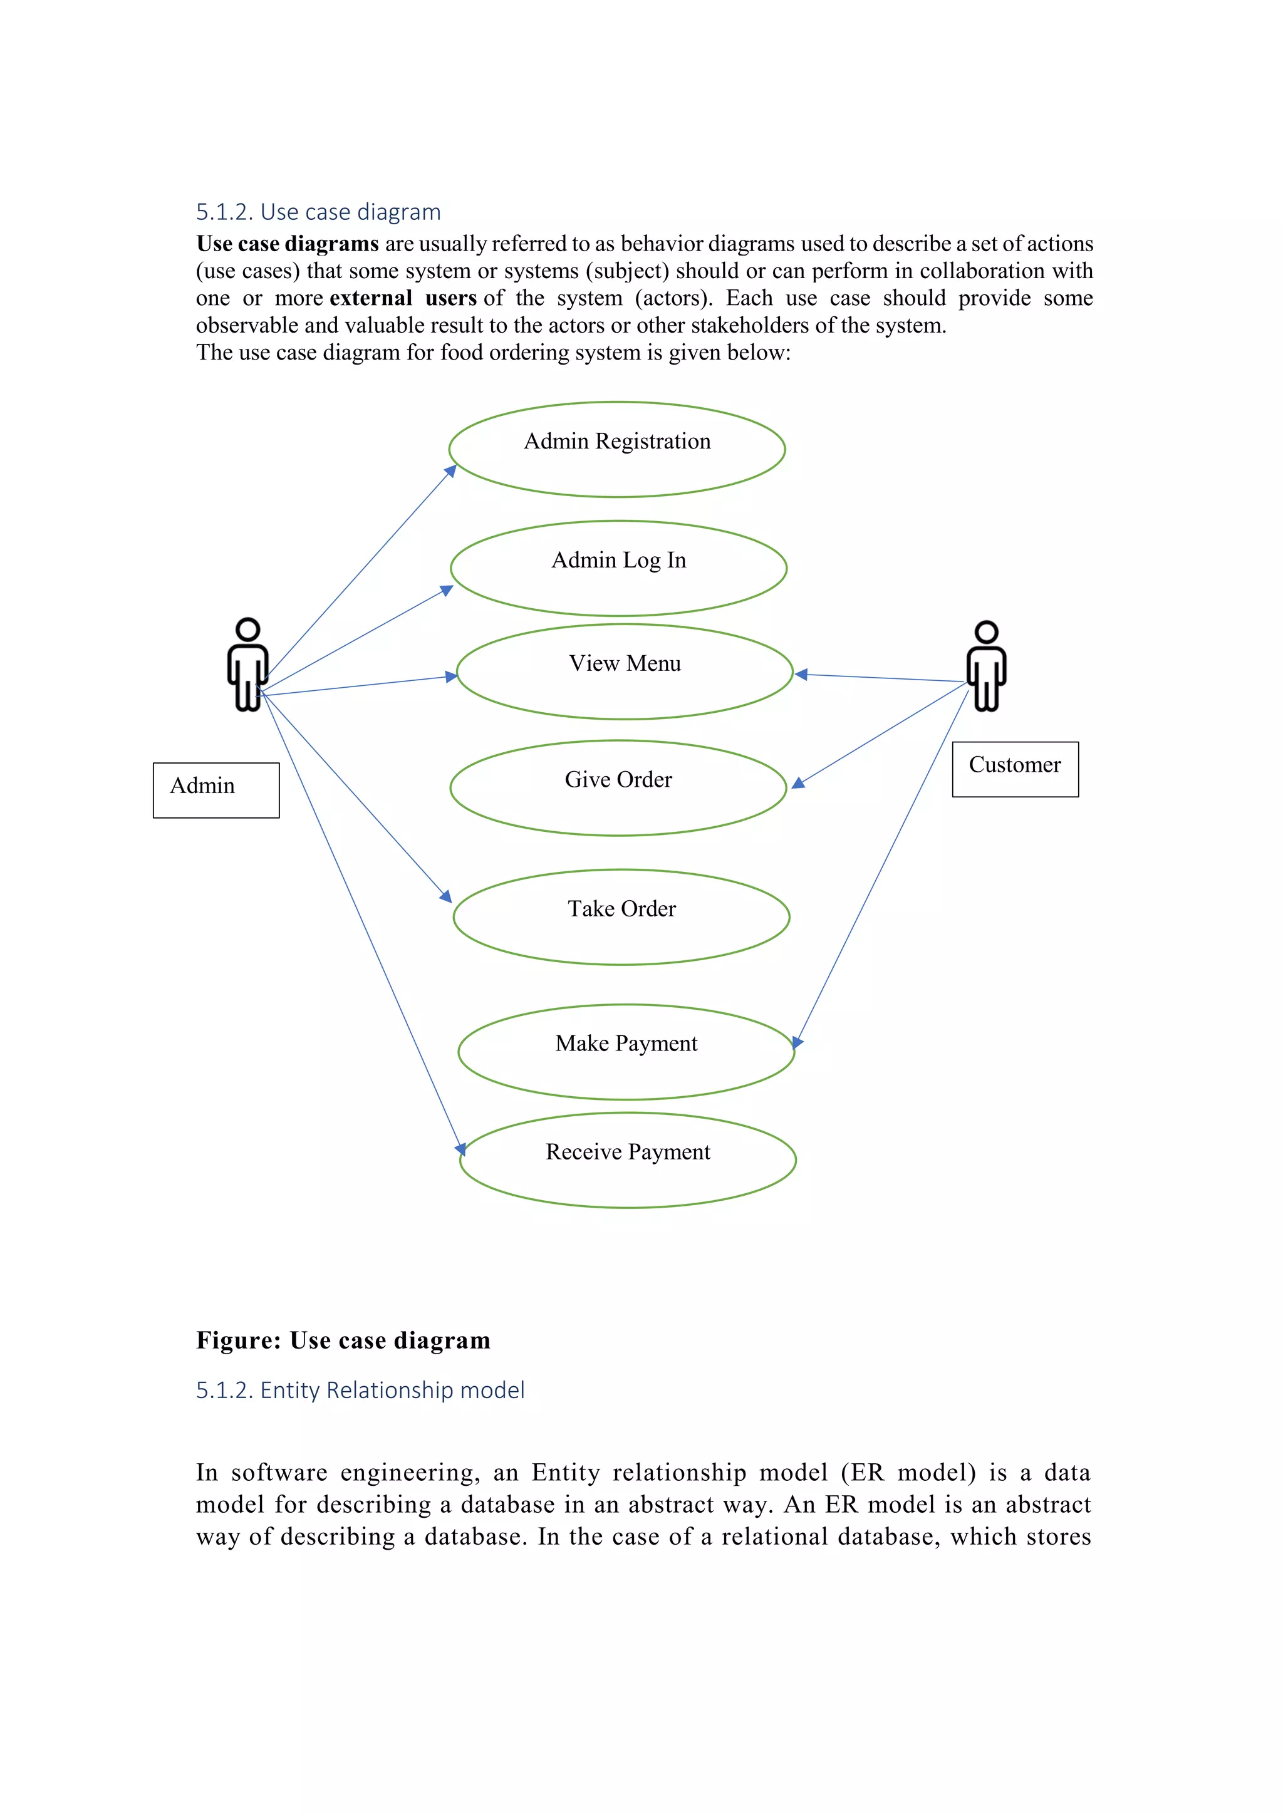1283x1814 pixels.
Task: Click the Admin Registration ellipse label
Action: coord(617,442)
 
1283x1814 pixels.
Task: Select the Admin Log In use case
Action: coord(618,561)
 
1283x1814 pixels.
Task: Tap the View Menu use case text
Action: coord(624,664)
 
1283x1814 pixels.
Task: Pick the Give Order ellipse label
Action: coord(618,780)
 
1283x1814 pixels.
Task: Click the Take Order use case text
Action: coord(621,910)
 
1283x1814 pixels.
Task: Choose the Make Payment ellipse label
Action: coord(626,1044)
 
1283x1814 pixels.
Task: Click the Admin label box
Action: coord(216,789)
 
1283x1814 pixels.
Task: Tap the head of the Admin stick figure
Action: coord(248,629)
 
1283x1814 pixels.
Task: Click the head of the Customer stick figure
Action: coord(986,631)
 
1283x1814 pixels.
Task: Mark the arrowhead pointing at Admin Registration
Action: coord(451,471)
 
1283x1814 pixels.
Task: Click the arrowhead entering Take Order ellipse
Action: coord(447,897)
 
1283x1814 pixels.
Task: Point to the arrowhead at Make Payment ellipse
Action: coord(797,1043)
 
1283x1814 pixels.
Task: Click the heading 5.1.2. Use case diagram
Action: coord(318,212)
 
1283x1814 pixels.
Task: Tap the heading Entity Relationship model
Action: coord(360,1390)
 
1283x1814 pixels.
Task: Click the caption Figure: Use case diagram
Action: coord(343,1340)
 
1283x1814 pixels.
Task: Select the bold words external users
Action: coord(403,299)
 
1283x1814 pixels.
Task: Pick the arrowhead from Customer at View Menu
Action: coord(800,674)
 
